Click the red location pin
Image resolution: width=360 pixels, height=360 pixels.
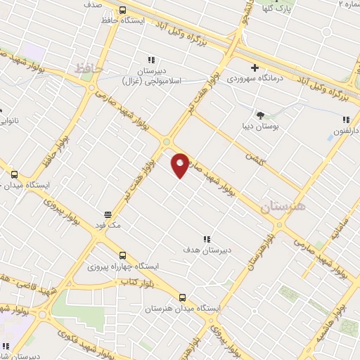point(180,165)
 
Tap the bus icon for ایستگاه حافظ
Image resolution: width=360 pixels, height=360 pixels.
point(123,11)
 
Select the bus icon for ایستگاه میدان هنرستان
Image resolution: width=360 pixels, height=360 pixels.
point(183,297)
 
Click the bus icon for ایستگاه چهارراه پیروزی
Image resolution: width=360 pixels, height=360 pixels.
point(123,256)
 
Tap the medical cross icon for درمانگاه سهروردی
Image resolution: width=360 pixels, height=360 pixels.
point(254,67)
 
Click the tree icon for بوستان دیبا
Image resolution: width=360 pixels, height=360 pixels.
point(261,115)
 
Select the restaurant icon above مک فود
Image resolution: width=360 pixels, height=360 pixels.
point(108,214)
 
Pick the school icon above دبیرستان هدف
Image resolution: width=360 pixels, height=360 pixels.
point(207,239)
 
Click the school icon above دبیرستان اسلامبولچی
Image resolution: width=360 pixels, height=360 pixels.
point(150,61)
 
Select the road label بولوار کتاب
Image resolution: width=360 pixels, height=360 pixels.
point(139,281)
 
